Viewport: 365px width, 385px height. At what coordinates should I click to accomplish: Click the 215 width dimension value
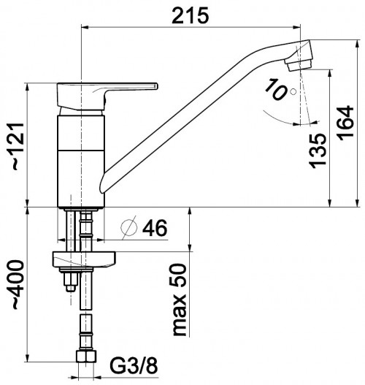(x=190, y=15)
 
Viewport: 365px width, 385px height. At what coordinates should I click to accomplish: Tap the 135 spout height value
(x=318, y=150)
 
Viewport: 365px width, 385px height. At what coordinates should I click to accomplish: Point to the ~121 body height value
(x=18, y=146)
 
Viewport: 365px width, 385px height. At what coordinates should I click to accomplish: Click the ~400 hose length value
(x=18, y=285)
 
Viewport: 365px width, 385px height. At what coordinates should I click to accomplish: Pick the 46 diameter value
(x=155, y=228)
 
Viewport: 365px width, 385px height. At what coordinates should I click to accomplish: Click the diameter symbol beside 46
(x=129, y=227)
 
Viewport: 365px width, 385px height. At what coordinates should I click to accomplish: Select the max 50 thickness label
(x=180, y=300)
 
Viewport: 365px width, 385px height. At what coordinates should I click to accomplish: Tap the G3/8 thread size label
(x=134, y=366)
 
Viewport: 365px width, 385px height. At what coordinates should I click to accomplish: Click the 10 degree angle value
(x=276, y=89)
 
